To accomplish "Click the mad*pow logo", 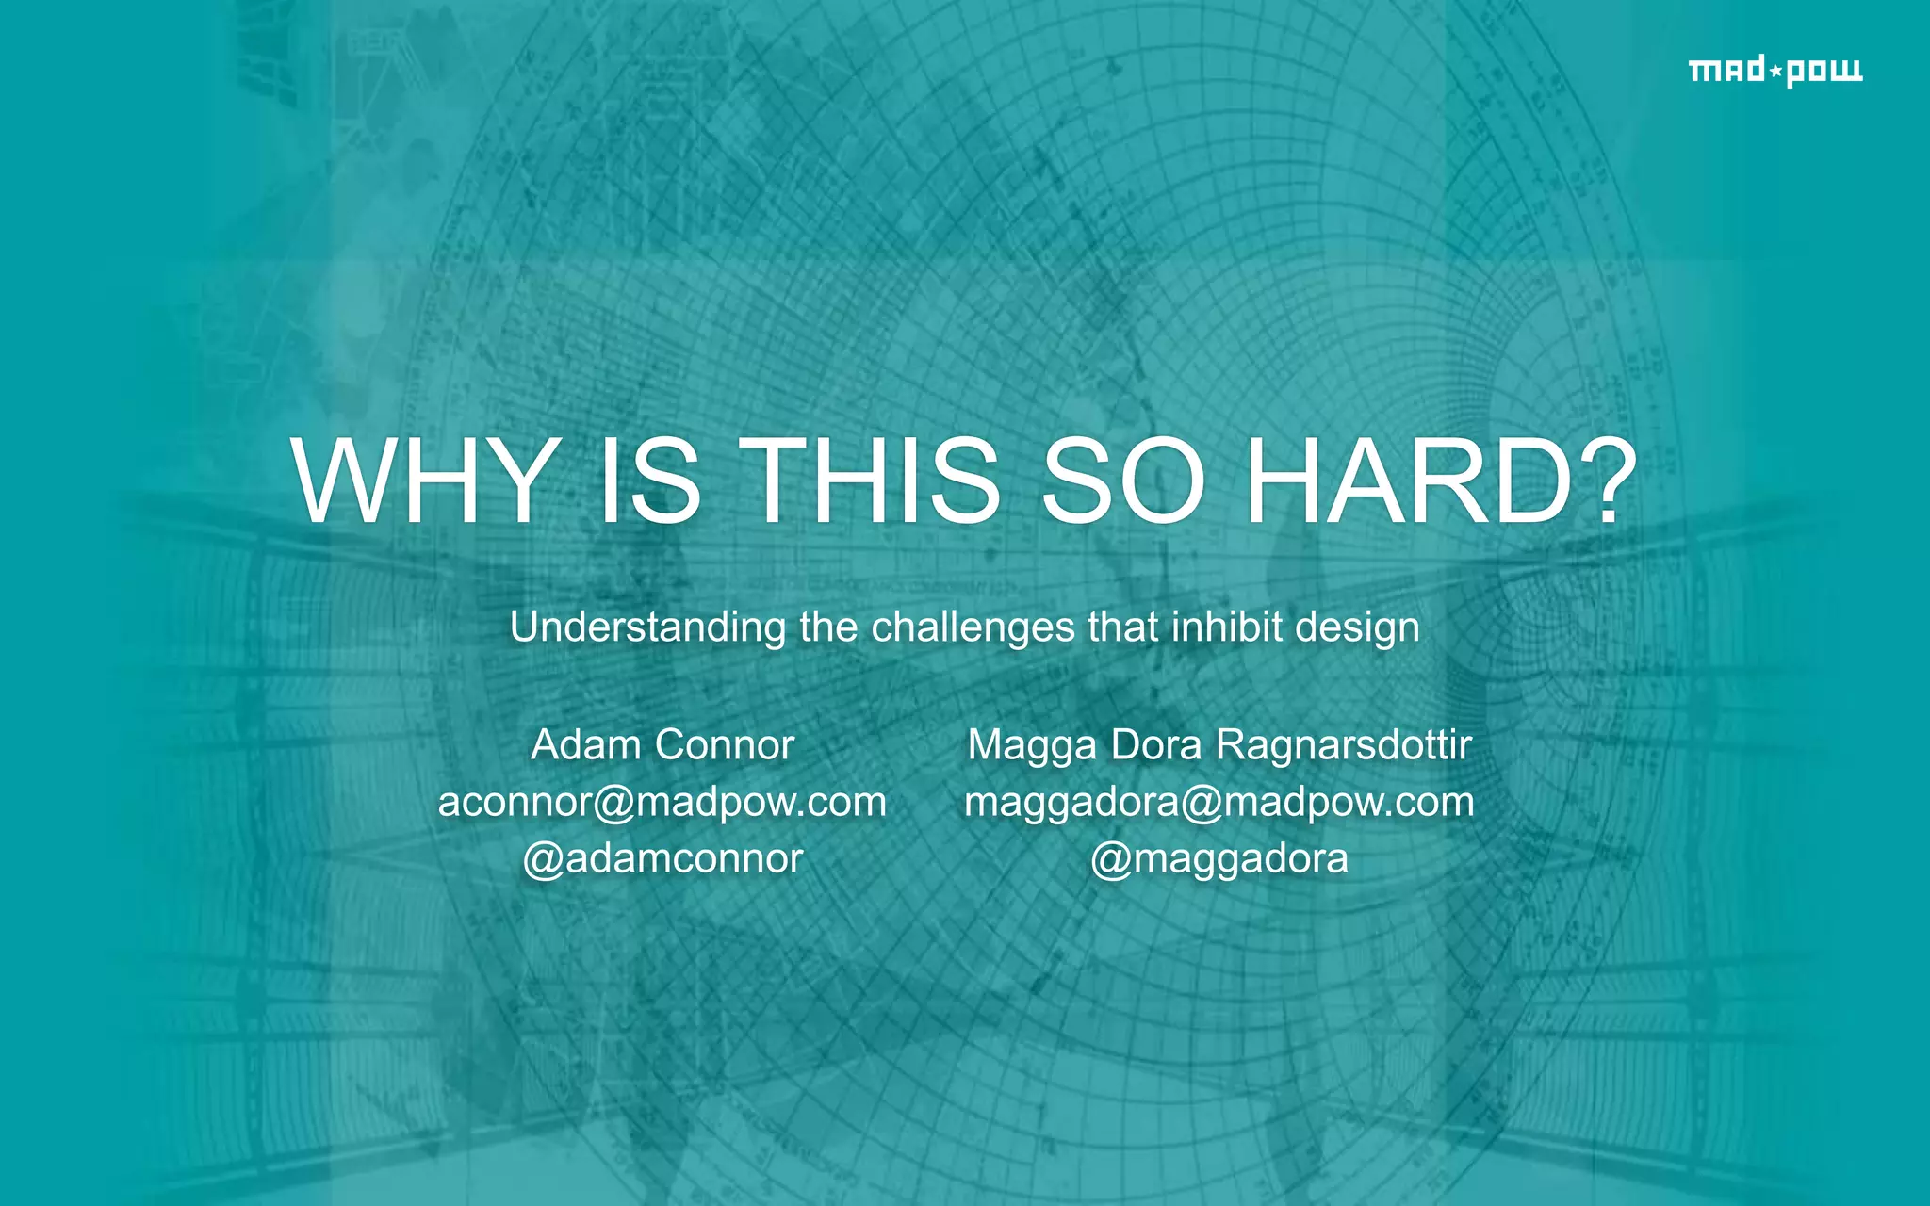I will tap(1775, 71).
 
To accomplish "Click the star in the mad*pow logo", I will tap(1775, 71).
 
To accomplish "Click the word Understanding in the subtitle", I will tap(647, 627).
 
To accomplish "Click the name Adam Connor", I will tap(662, 744).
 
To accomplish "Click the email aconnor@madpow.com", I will tap(662, 802).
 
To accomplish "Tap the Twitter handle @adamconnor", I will tap(662, 858).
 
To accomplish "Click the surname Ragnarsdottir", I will tap(1344, 744).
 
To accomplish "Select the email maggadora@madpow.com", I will tap(1219, 802).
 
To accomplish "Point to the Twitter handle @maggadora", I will tap(1219, 858).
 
